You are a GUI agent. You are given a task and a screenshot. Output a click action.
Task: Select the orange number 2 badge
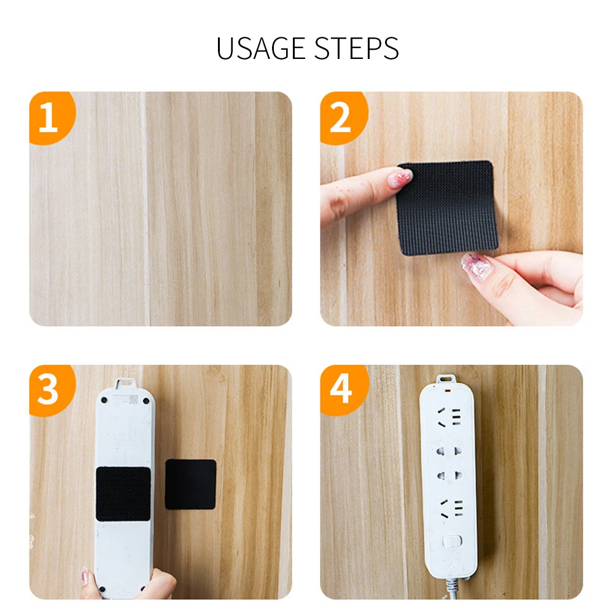[341, 118]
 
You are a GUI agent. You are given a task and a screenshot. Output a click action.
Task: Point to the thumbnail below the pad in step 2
[475, 266]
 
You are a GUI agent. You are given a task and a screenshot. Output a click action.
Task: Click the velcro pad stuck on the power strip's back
[123, 494]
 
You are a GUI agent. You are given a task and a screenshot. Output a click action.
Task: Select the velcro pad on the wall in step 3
[190, 484]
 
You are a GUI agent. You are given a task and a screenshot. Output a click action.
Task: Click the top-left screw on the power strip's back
[104, 400]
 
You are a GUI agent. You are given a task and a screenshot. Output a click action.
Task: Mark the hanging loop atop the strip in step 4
[448, 379]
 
